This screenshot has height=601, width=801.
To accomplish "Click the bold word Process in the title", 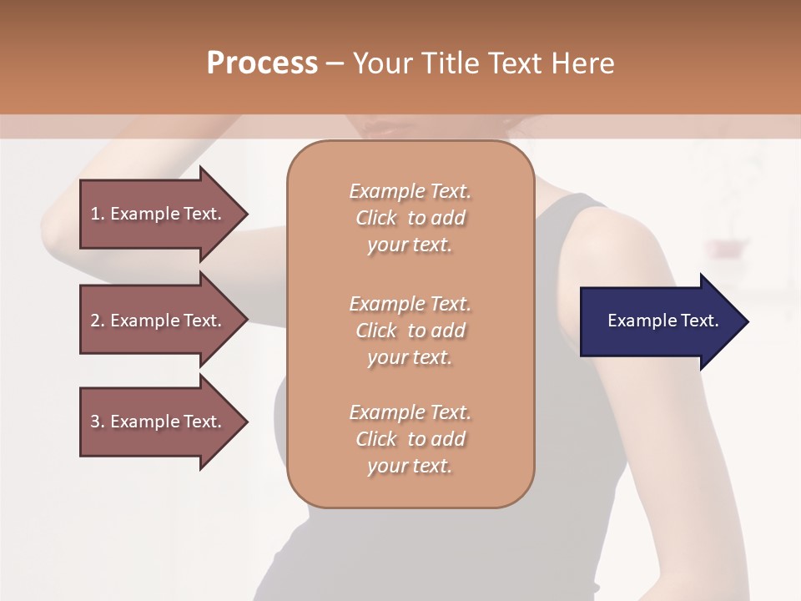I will point(262,63).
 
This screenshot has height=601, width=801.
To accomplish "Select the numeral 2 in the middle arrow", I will point(95,321).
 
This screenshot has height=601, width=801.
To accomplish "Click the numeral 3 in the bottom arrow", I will point(95,422).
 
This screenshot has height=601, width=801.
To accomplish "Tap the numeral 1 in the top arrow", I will point(95,214).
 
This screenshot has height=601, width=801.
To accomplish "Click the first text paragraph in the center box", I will point(410,218).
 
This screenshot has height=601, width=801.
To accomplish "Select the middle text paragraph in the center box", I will point(410,331).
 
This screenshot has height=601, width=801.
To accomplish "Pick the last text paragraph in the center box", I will point(410,439).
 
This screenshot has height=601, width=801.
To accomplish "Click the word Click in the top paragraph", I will point(376,218).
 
